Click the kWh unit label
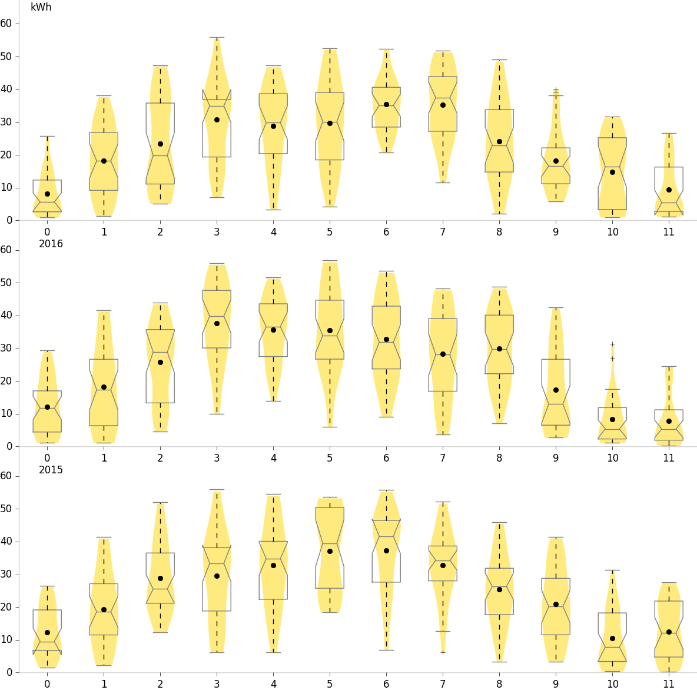coord(41,8)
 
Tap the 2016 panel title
coord(51,244)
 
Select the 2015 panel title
coord(51,470)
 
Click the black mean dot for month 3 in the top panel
coord(217,120)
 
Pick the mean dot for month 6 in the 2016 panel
coord(386,339)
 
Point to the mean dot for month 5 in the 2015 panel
coord(330,551)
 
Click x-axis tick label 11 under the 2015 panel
coord(669,684)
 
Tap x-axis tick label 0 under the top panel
coord(47,231)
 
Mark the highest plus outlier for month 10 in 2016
coord(612,344)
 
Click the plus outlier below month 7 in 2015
coord(443,652)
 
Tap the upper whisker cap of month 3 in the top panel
coord(217,37)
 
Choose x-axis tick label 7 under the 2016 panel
coord(443,457)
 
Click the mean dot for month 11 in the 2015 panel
coord(669,632)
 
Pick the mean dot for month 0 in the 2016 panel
coord(47,407)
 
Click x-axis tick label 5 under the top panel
coord(330,231)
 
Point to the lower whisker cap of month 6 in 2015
coord(386,650)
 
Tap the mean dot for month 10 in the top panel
coord(612,172)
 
